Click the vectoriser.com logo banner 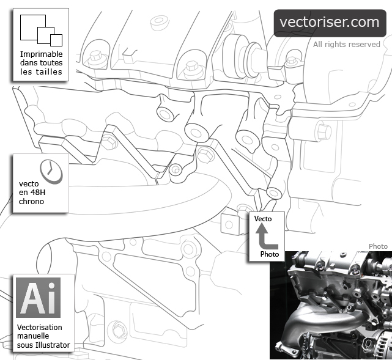(x=330, y=23)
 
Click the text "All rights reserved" (x=346, y=45)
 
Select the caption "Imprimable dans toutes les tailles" (x=41, y=63)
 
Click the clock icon (x=51, y=171)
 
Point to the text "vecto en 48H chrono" (x=31, y=192)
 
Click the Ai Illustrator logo (x=38, y=298)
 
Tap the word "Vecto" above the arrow (x=263, y=219)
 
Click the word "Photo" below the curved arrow (x=269, y=254)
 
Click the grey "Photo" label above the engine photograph (x=378, y=246)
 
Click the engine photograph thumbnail (x=330, y=305)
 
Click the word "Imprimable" (x=41, y=54)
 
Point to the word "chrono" (x=31, y=201)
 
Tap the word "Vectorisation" (x=40, y=327)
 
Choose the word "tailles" (x=48, y=72)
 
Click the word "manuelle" (x=34, y=336)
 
